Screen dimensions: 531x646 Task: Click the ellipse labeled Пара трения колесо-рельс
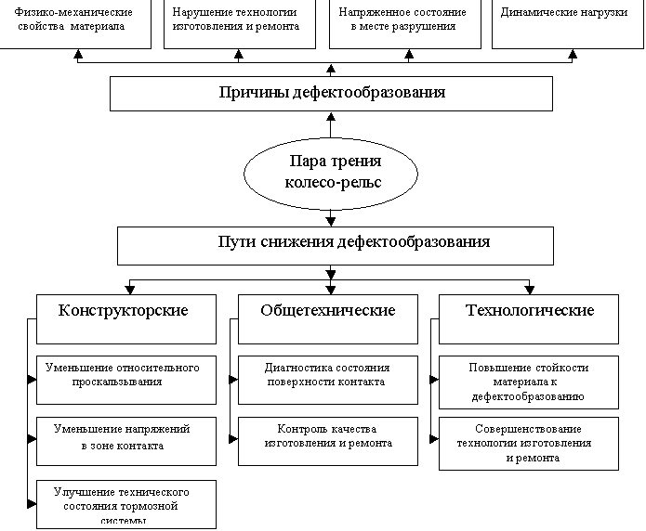point(331,172)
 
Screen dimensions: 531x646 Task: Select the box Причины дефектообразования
point(331,93)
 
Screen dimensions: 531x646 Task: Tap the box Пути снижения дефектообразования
point(335,244)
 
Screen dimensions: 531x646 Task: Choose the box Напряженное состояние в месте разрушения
point(404,22)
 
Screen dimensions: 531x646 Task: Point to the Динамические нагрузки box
point(563,22)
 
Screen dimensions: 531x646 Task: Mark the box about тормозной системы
point(126,503)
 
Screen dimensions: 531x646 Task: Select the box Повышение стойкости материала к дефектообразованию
point(529,381)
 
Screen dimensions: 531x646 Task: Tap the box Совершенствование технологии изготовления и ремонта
point(529,443)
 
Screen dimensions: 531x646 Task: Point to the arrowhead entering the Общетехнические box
point(330,290)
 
